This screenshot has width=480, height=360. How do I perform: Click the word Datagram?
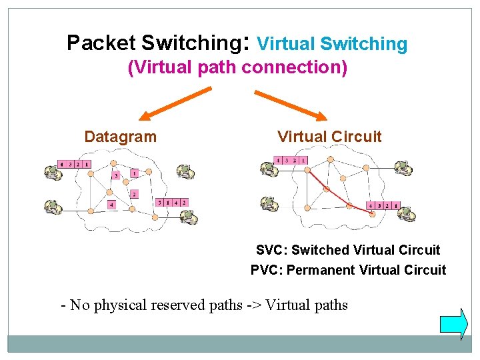120,137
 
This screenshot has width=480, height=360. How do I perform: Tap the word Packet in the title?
101,43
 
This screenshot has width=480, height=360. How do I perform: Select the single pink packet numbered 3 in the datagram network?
115,176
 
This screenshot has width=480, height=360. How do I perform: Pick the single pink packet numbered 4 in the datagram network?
111,204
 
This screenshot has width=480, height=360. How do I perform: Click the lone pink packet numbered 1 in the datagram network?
134,173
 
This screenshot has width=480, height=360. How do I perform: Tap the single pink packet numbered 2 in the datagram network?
134,194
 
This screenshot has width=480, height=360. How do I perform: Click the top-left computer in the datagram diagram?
52,173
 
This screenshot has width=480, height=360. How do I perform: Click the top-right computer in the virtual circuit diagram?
403,169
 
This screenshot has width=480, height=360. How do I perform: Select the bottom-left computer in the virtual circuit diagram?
269,204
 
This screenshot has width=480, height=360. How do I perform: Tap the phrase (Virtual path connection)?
237,68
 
